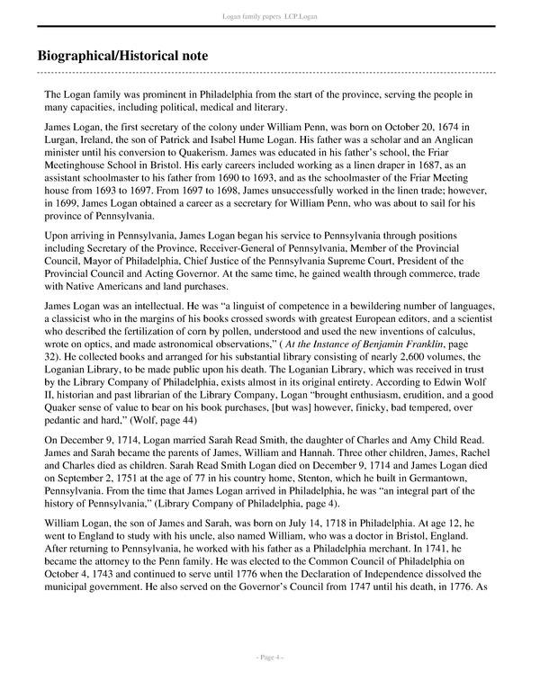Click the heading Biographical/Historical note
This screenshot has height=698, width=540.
(x=118, y=56)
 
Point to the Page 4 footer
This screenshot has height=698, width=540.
(x=270, y=684)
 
